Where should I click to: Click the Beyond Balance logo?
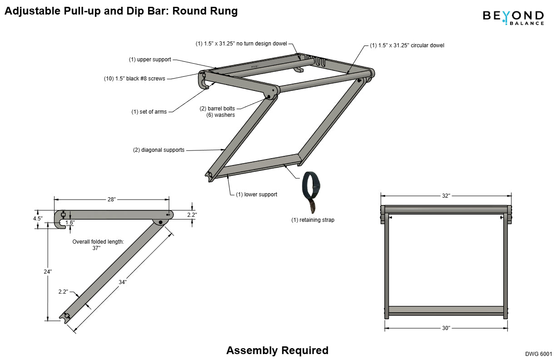coord(513,17)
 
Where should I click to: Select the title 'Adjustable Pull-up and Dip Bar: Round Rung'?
coord(121,11)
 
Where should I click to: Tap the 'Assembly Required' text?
coord(277,350)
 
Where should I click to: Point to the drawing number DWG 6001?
coord(538,353)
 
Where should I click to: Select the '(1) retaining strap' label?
coord(313,220)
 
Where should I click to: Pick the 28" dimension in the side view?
coord(112,199)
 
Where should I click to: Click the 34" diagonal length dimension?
coord(123,282)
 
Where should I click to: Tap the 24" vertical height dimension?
coord(48,271)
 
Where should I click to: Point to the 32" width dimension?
coord(446,196)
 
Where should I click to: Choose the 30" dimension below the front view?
coord(446,328)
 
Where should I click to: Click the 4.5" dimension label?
coord(38,219)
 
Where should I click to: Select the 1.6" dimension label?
coord(69,223)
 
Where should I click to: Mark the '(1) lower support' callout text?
coord(256,195)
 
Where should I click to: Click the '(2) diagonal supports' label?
coord(159,150)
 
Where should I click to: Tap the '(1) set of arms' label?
coord(149,112)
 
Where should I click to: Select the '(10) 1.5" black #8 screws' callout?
coord(134,79)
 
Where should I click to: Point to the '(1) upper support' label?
coord(150,60)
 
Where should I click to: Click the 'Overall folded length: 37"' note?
coord(98,245)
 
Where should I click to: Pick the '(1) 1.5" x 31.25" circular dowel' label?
coord(407,45)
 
